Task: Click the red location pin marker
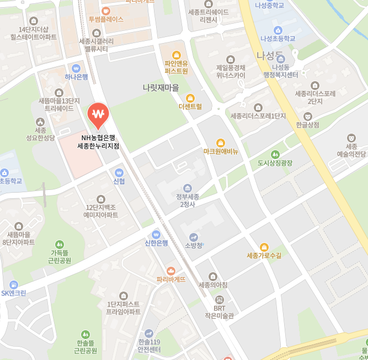[98, 115]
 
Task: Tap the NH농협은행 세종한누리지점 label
[98, 142]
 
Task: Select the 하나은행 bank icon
[76, 68]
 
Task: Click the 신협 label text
[119, 181]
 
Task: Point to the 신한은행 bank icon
[156, 234]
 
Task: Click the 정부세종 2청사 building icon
[188, 188]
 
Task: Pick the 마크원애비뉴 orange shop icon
[221, 142]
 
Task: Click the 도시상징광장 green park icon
[275, 154]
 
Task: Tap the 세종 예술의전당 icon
[351, 137]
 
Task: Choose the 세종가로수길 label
[264, 256]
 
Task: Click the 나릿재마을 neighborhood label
[161, 88]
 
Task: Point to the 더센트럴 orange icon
[190, 98]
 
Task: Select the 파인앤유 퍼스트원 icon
[177, 54]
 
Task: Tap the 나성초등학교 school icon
[278, 30]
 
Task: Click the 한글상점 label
[307, 125]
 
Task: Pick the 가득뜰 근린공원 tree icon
[60, 244]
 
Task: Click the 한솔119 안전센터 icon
[149, 333]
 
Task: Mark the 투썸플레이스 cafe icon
[106, 10]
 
